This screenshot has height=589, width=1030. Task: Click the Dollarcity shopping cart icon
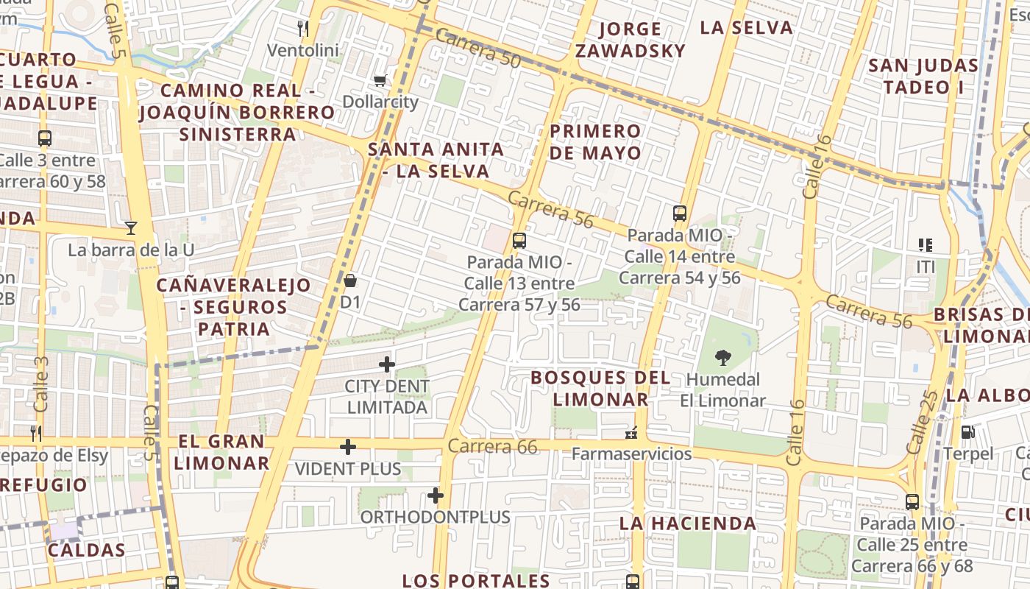click(x=380, y=80)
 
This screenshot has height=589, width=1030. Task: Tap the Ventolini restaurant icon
click(x=302, y=29)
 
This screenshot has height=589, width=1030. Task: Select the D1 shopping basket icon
click(x=350, y=281)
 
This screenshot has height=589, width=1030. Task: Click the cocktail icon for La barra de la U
click(x=131, y=228)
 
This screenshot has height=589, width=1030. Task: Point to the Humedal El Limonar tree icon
click(x=723, y=359)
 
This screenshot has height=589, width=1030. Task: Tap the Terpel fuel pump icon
click(x=968, y=433)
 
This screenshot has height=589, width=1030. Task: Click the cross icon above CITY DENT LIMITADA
click(x=386, y=364)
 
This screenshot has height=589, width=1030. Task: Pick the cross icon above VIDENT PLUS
click(x=348, y=447)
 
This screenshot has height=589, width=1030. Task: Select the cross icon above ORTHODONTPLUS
click(x=436, y=495)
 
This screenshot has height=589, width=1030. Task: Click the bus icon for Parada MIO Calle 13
click(x=519, y=240)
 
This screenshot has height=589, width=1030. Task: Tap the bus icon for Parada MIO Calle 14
click(x=680, y=214)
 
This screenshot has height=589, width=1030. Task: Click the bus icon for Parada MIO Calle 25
click(x=912, y=502)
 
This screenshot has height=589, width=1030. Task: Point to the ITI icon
click(x=925, y=244)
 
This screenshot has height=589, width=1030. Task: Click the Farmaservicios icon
click(x=631, y=433)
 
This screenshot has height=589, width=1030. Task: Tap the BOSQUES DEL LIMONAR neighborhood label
click(x=600, y=388)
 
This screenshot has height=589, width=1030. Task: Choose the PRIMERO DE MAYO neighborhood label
click(x=595, y=141)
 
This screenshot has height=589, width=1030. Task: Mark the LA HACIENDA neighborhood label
click(x=687, y=523)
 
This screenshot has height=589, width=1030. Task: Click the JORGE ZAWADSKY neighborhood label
click(x=630, y=40)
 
